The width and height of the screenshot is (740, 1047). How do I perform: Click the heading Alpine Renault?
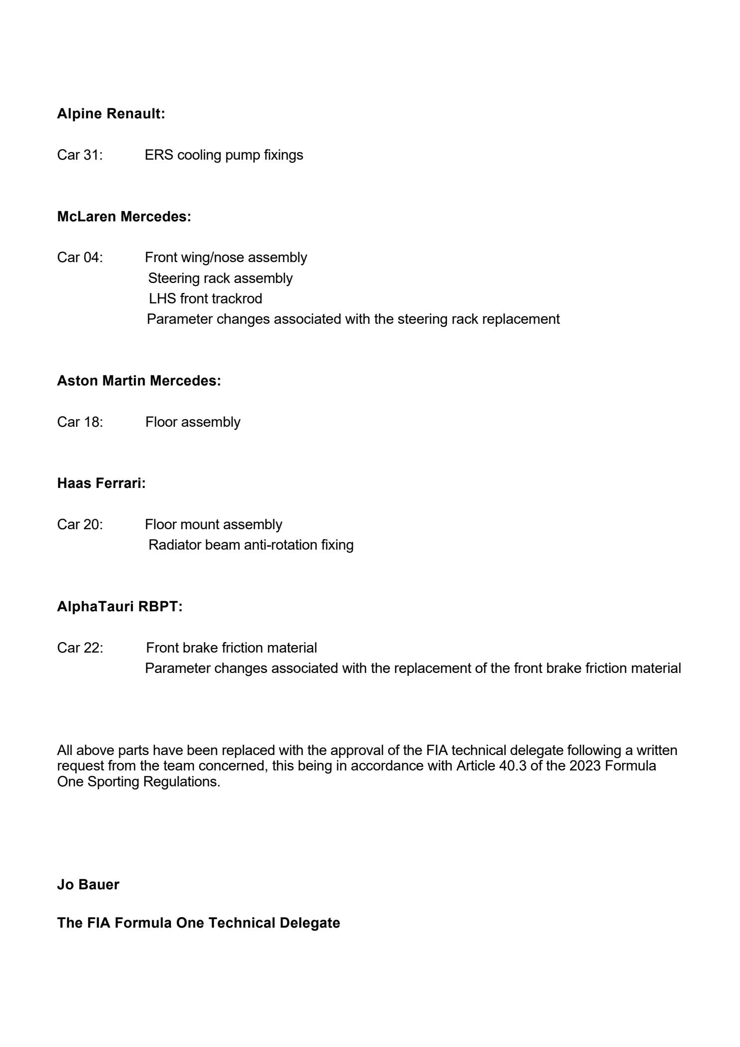[111, 114]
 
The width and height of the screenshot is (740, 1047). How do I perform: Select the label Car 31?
[80, 155]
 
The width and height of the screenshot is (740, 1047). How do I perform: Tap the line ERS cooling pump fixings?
[223, 155]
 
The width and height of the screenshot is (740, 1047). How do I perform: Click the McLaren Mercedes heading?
[124, 217]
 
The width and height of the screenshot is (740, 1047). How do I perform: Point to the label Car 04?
[80, 258]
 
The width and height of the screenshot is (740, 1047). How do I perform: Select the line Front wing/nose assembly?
[226, 258]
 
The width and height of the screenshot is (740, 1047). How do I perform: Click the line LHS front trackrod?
[205, 298]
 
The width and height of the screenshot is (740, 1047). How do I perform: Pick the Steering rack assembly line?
[220, 278]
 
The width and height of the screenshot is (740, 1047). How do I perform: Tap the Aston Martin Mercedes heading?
[139, 381]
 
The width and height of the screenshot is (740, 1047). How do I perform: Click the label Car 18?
[80, 422]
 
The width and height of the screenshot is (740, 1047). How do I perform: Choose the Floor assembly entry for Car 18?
[193, 422]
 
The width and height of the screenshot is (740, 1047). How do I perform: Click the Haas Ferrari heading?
[101, 483]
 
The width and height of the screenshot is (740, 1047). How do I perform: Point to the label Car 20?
[80, 524]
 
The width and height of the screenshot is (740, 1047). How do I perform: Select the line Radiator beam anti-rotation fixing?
[251, 545]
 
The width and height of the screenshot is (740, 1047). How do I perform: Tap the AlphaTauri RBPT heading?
[120, 607]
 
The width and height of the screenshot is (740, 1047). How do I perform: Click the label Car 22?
[80, 648]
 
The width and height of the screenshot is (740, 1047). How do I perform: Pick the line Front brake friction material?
[231, 648]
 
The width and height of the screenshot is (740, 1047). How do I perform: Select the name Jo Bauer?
[88, 885]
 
